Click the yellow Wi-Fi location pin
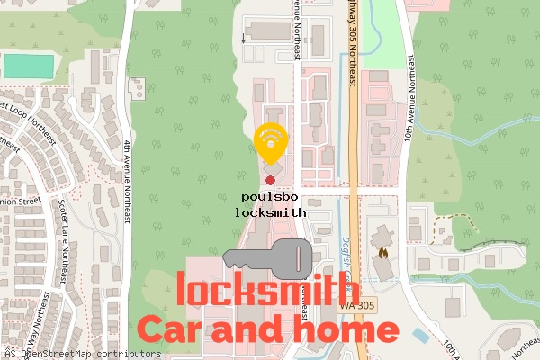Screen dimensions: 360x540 click(270, 143)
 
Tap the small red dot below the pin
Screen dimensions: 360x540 click(270, 181)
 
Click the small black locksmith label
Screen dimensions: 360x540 click(270, 212)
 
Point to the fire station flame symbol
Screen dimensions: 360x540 click(386, 255)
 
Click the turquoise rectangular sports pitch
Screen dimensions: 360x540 click(29, 66)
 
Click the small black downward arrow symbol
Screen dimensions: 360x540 click(245, 40)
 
